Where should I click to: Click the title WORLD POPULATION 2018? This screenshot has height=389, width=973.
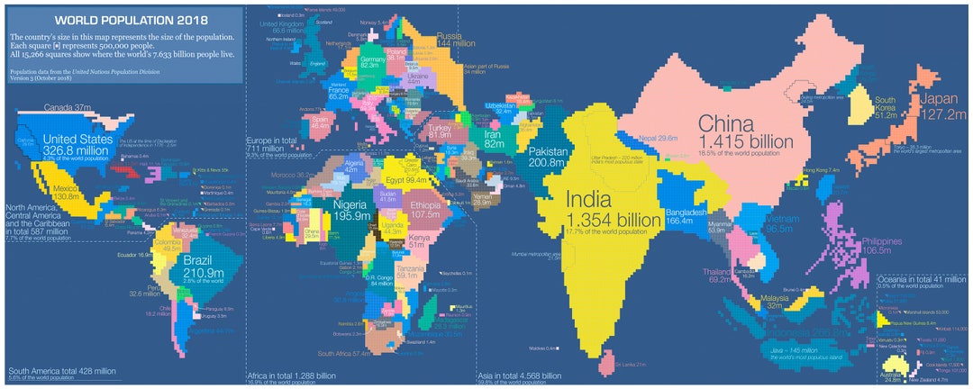tap(131, 20)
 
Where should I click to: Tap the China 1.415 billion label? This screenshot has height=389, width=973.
tap(745, 131)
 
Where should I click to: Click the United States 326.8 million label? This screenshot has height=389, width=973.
tap(78, 146)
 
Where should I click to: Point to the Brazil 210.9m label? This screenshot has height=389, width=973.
tap(203, 267)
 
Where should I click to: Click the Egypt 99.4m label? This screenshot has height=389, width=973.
tap(403, 180)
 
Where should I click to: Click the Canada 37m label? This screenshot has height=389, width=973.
tap(69, 108)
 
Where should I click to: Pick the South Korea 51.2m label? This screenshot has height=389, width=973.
tap(886, 108)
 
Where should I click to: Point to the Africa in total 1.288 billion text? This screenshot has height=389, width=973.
tap(291, 375)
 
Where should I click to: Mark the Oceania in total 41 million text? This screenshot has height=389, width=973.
tap(920, 280)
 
